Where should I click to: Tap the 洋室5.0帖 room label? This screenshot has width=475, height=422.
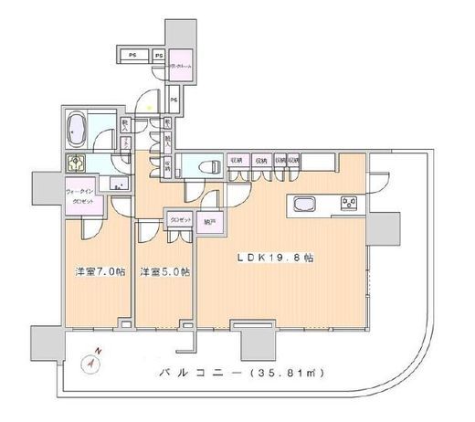(x=164, y=271)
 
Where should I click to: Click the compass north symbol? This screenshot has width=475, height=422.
(x=92, y=360)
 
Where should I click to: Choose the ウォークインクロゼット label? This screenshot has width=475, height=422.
(x=83, y=195)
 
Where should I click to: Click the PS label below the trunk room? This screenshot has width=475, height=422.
(x=173, y=99)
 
